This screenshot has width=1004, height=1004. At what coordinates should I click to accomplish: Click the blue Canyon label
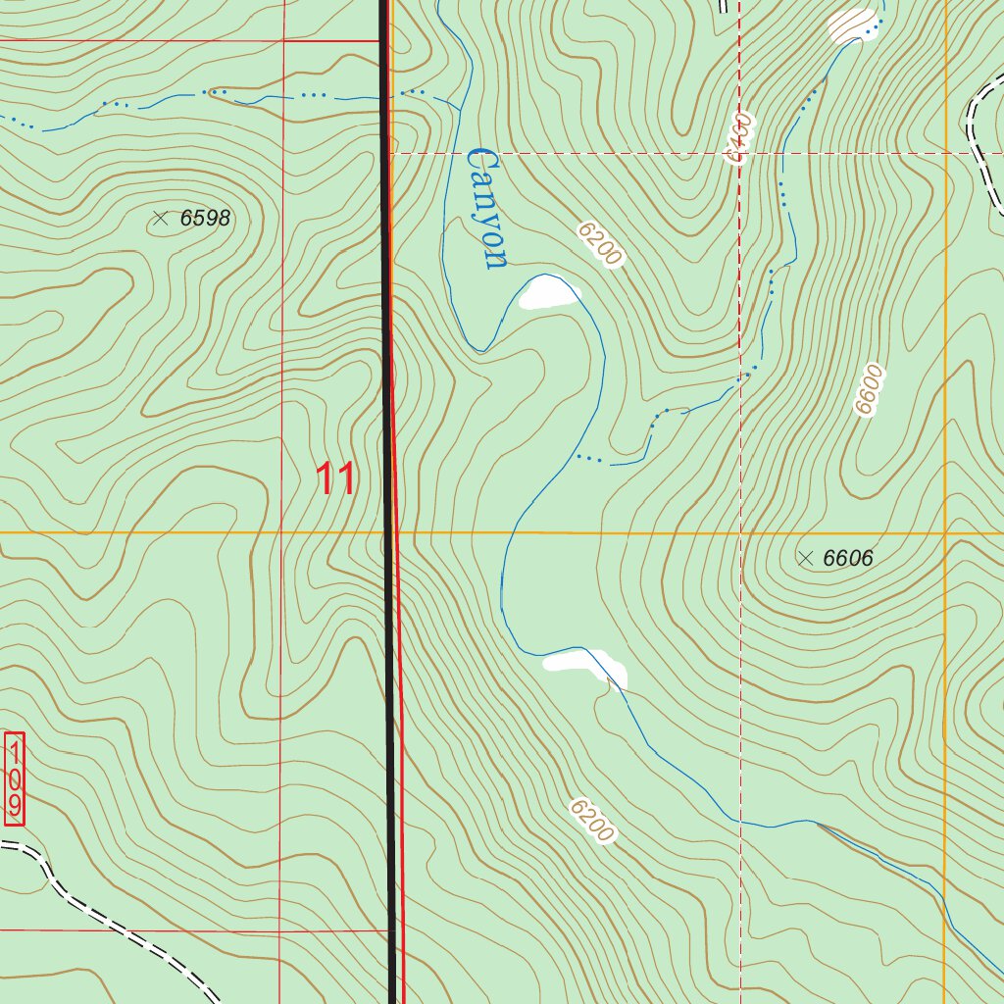point(486,208)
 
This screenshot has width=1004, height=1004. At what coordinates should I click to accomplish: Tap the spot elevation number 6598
point(205,219)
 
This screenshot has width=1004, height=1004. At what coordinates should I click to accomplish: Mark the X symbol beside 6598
point(161,219)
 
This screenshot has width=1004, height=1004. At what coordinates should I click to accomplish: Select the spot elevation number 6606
point(847,559)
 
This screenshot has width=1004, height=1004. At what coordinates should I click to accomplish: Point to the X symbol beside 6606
point(805,559)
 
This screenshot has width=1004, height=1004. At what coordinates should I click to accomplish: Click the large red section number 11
point(335,480)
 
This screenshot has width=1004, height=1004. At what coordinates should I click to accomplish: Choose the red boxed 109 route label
point(14,779)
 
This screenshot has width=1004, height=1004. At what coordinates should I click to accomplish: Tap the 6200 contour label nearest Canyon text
point(600,244)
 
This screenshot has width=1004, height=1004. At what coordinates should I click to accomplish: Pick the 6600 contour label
point(869,389)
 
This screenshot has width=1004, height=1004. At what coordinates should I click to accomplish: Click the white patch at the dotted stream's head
point(851,24)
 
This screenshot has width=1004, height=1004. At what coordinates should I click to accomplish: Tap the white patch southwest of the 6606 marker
point(586,666)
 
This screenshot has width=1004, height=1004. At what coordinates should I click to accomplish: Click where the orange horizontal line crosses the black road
point(388,532)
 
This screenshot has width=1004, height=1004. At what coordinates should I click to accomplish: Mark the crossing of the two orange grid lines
point(945,532)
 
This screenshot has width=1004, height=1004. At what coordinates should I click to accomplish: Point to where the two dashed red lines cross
point(739,154)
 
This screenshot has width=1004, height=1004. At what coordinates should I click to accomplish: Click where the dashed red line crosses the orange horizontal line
point(739,532)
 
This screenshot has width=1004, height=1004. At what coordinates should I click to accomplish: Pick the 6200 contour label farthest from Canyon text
point(592,821)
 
